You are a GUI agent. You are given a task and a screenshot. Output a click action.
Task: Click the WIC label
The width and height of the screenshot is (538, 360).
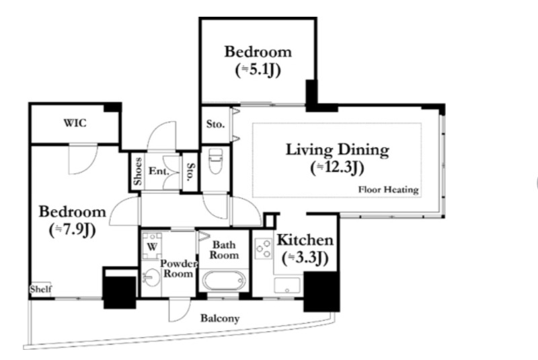click(x=75, y=123)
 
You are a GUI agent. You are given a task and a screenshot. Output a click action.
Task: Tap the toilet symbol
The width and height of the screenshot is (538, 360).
click(x=215, y=161)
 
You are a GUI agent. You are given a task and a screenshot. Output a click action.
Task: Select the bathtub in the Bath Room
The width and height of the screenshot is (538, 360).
click(x=224, y=281)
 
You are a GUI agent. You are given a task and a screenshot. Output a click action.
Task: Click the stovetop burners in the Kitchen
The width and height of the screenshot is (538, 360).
click(x=264, y=249)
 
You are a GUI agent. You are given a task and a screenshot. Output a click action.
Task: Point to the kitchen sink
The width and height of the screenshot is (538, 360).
click(x=287, y=285)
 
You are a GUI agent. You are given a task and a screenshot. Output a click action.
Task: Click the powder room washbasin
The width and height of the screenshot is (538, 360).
click(x=151, y=277)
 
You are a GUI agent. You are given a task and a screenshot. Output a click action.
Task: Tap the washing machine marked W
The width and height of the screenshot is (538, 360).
click(x=152, y=246)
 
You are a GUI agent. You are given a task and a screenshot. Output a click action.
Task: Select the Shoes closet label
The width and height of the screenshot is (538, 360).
click(x=138, y=171)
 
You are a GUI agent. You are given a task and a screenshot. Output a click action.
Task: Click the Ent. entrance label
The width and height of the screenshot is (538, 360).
click(x=159, y=170)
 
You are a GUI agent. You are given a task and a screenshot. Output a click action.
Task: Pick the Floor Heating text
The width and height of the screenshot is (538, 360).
click(x=389, y=190)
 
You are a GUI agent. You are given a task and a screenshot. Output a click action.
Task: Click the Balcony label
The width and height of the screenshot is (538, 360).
click(x=220, y=318)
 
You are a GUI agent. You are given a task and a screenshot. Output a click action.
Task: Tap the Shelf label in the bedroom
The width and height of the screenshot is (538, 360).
click(x=41, y=289)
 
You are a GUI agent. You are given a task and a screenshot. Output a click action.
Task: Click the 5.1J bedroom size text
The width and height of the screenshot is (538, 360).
click(x=258, y=70)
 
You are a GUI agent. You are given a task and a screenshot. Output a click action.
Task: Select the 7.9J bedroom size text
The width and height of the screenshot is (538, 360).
click(x=73, y=230)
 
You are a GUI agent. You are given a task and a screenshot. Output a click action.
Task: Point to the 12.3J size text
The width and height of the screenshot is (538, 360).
click(x=338, y=168)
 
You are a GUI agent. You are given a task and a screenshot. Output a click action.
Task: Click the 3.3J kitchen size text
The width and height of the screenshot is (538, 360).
click(x=305, y=258)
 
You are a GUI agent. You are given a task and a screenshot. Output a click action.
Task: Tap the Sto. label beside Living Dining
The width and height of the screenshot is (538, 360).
click(x=215, y=124)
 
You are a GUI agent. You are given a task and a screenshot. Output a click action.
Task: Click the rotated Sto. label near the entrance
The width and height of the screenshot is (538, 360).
click(x=190, y=172)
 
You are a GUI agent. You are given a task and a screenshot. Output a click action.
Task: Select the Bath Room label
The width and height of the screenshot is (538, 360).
click(x=224, y=250)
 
